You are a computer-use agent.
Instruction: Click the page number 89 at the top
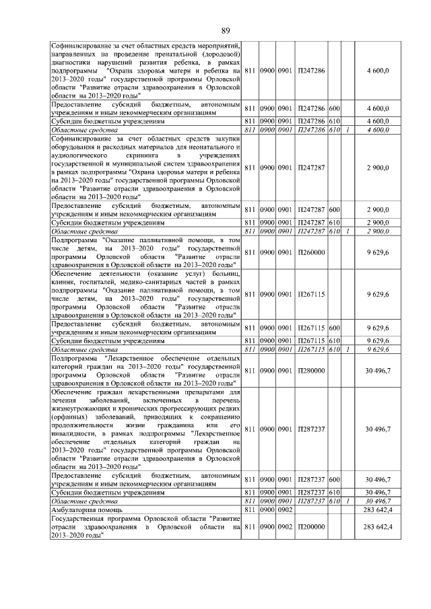click(x=226, y=29)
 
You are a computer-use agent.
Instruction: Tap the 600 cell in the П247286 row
click(x=334, y=108)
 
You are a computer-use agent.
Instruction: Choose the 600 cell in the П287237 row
click(x=334, y=479)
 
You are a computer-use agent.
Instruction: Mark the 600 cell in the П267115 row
click(x=334, y=327)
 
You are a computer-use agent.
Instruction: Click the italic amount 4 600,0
click(x=378, y=129)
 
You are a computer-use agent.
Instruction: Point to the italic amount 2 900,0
click(x=378, y=231)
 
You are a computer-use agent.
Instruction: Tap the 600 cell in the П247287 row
click(x=334, y=210)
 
